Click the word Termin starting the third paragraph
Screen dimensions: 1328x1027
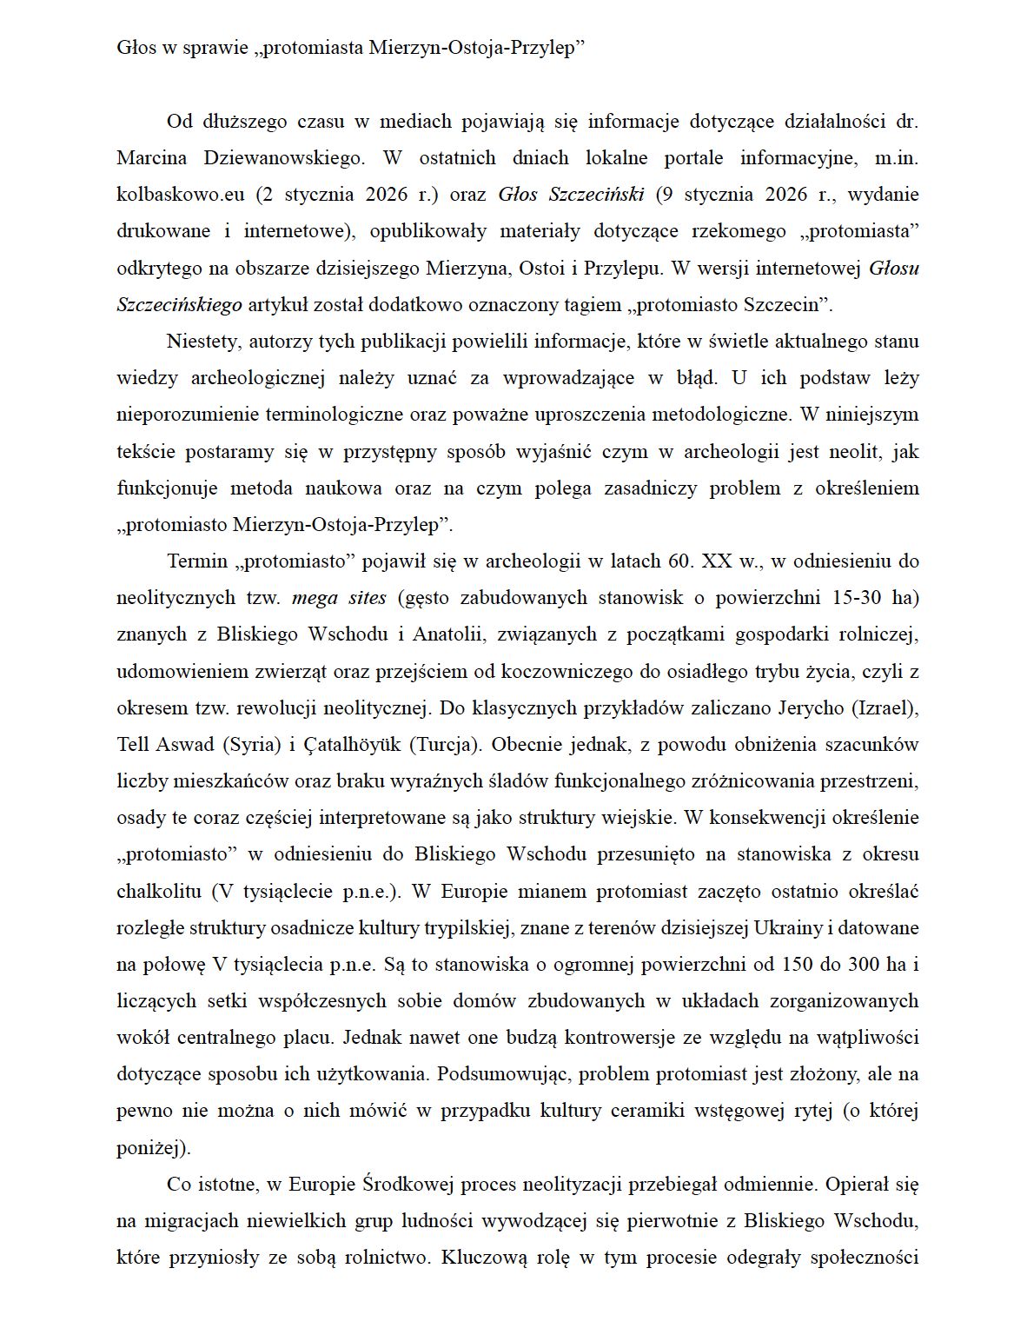coord(195,561)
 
